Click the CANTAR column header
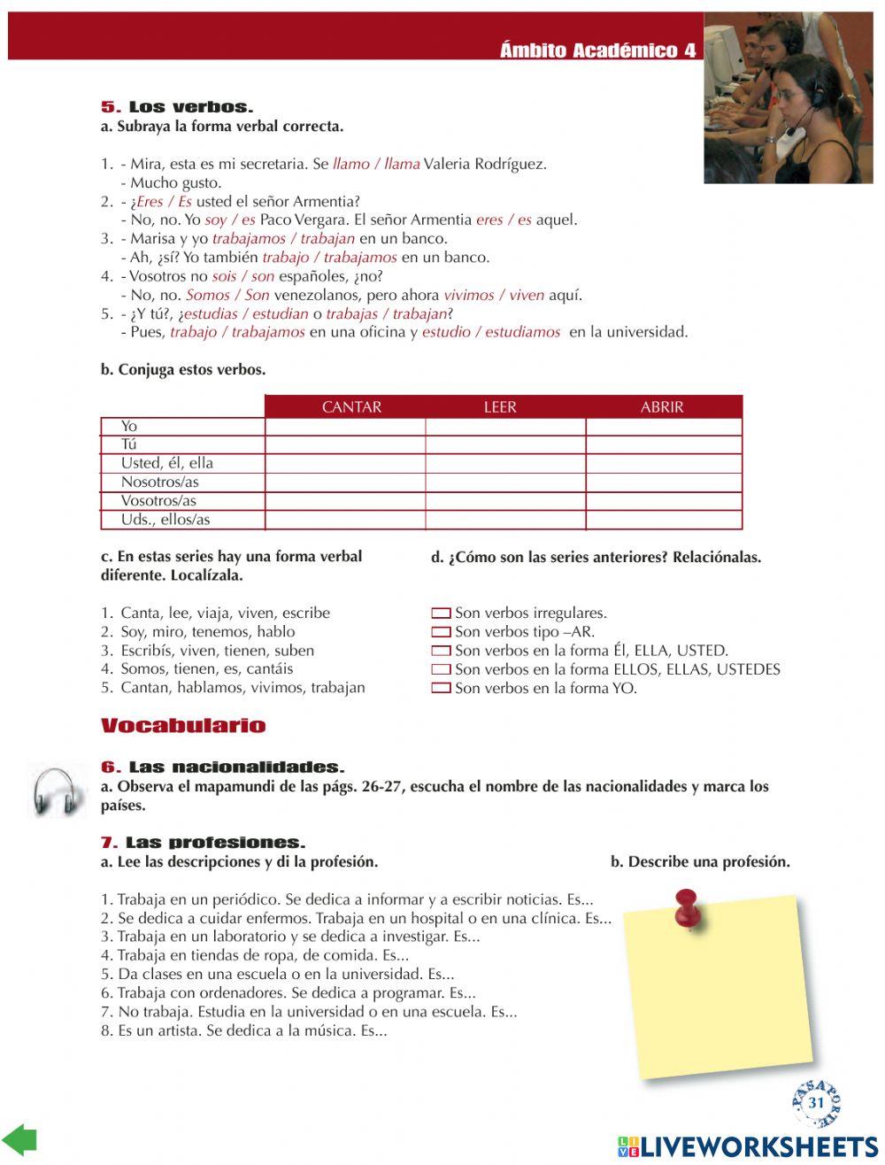pyautogui.click(x=351, y=407)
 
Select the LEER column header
pyautogui.click(x=500, y=407)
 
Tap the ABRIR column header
pyautogui.click(x=662, y=407)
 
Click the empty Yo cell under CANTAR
pyautogui.click(x=345, y=427)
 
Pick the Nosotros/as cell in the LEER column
pyautogui.click(x=505, y=482)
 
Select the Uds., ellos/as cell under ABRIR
pyautogui.click(x=664, y=521)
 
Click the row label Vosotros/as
pyautogui.click(x=159, y=501)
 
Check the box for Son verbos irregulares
pyautogui.click(x=441, y=613)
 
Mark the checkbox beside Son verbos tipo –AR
pyautogui.click(x=441, y=632)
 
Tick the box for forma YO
pyautogui.click(x=441, y=689)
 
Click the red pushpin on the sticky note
pyautogui.click(x=687, y=907)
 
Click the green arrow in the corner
pyautogui.click(x=19, y=1140)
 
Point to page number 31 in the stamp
pyautogui.click(x=816, y=1103)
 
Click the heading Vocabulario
pyautogui.click(x=183, y=727)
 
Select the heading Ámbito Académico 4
pyautogui.click(x=597, y=50)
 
